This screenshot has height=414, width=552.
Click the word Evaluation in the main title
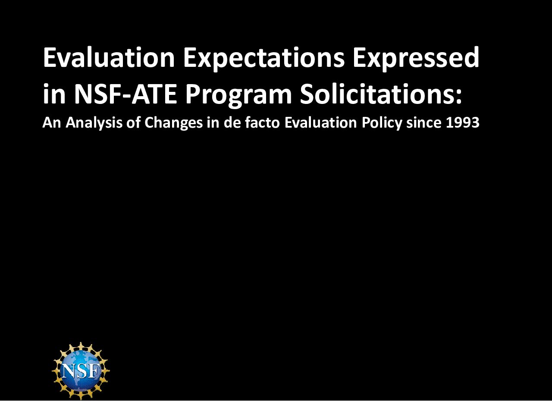pos(109,57)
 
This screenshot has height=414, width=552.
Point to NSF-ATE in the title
pos(125,94)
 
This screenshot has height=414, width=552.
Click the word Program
pos(238,95)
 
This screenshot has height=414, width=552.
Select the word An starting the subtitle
pos(52,123)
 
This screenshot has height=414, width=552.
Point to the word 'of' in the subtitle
pos(133,122)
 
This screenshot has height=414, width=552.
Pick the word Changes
pos(173,124)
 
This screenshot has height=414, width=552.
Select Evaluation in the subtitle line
pos(321,122)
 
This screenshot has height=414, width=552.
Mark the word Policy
pos(382,124)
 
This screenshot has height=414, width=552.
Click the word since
pos(424,122)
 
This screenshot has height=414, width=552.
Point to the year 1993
pos(463,123)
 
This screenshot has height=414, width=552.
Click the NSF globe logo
pos(81,371)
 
